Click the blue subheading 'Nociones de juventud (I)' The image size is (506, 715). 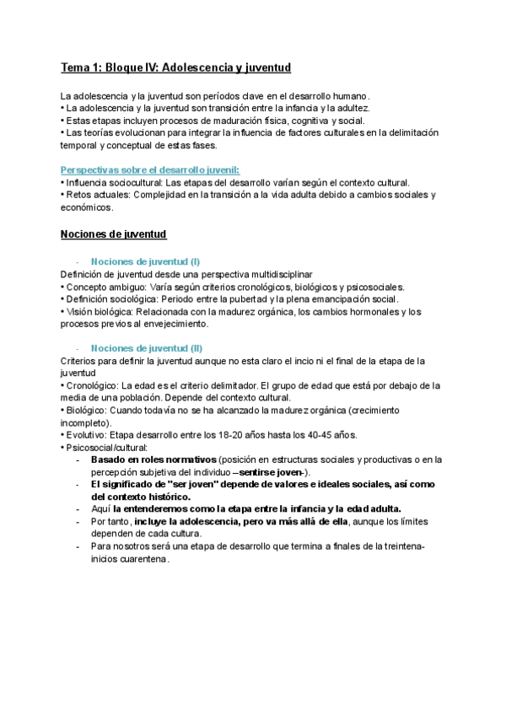145,261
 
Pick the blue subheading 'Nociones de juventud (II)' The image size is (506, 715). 147,348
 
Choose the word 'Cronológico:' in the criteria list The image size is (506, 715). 93,385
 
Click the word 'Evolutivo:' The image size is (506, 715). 86,435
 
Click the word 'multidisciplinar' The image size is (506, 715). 283,274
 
